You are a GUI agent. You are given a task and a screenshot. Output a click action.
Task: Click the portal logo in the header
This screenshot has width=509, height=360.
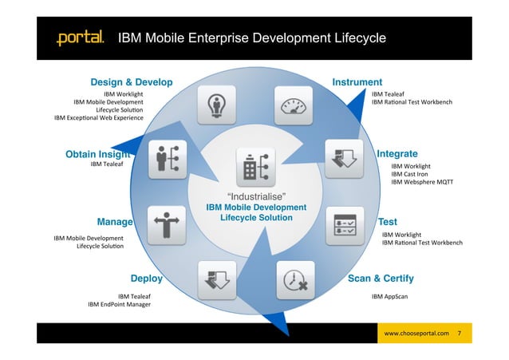coord(79,38)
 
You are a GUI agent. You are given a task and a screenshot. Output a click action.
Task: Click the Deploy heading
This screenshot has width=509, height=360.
coord(147,279)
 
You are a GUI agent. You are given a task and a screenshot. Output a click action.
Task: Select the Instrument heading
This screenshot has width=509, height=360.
coord(357,82)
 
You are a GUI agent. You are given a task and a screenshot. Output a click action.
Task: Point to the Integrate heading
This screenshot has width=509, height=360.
coord(397,153)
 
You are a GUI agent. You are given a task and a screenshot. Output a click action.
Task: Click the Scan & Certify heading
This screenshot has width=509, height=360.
coord(381,279)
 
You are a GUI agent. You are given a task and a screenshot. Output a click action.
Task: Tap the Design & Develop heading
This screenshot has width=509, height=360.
coord(131,82)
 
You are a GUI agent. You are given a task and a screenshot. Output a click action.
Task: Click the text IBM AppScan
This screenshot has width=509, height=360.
coord(391,296)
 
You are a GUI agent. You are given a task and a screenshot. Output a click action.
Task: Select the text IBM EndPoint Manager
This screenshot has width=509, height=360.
coord(119,304)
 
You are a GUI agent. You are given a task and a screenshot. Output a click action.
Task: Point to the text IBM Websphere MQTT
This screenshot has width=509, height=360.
coord(421,182)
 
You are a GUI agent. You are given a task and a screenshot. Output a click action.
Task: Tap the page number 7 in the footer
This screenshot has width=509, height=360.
coord(459,330)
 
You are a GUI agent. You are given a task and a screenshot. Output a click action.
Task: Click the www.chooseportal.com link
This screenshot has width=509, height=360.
coord(416,330)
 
